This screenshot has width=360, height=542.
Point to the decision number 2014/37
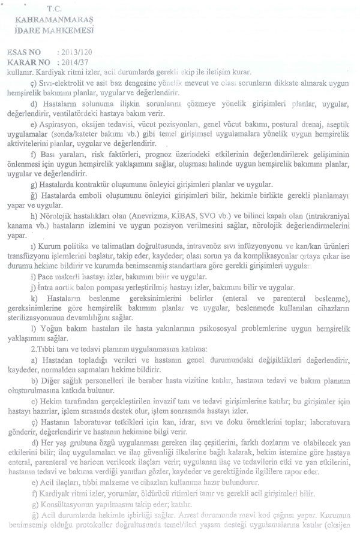68,62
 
